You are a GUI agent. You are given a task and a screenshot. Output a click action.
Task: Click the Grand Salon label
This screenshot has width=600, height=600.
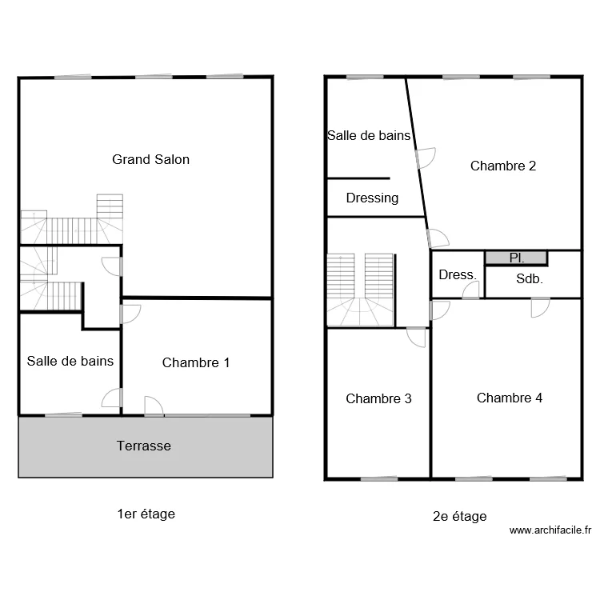[x=150, y=159]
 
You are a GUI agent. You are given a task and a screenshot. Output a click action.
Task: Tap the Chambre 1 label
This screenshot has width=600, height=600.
[x=195, y=362]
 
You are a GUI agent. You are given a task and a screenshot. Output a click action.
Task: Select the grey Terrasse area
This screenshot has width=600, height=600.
[x=146, y=447]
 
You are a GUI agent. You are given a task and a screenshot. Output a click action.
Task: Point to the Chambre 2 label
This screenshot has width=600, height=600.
[x=503, y=166]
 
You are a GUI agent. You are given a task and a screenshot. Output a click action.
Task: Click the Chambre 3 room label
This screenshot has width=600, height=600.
[x=378, y=398]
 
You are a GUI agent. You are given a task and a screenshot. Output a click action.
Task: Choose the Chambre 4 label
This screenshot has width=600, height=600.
[x=510, y=398]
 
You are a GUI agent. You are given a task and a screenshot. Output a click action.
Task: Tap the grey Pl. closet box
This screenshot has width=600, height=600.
[x=516, y=258]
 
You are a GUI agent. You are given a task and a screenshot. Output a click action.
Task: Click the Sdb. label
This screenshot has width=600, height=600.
[x=530, y=278]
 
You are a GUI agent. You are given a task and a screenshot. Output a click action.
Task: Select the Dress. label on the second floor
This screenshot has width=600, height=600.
[x=458, y=274]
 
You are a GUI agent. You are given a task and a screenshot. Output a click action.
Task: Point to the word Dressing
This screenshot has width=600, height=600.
[x=372, y=198]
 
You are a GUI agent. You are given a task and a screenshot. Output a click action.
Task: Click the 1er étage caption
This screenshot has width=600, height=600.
[x=146, y=514]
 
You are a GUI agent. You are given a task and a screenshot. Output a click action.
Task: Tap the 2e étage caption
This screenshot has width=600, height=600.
[x=459, y=516]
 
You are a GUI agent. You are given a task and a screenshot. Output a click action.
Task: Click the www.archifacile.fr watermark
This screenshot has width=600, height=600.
[x=550, y=530]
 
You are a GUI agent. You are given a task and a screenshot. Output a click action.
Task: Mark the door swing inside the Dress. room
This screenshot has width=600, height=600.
[x=470, y=290]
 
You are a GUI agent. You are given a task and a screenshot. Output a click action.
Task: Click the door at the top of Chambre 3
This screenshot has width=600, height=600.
[x=416, y=338]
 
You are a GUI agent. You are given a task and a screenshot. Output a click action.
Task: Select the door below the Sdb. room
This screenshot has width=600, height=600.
[x=540, y=308]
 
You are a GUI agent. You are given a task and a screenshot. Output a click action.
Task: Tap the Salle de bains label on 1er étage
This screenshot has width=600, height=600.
[x=70, y=361]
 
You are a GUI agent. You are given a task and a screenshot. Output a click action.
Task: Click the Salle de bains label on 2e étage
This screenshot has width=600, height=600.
[x=369, y=135]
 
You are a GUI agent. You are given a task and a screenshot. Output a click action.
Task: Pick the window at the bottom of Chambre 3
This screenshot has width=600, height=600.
[x=379, y=478]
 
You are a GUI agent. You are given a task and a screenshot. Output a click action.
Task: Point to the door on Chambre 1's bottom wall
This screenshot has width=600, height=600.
[x=154, y=406]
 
